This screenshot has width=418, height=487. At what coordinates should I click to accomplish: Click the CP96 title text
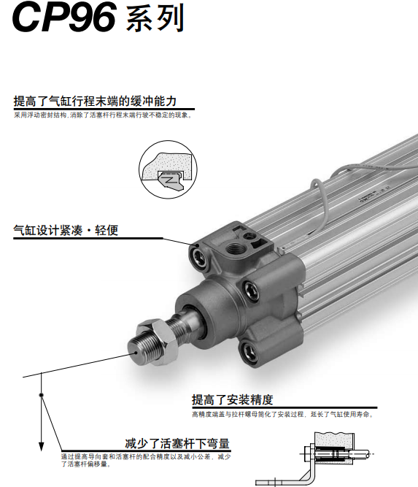(x=64, y=17)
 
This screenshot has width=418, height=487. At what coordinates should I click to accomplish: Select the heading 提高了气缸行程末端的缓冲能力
(x=95, y=101)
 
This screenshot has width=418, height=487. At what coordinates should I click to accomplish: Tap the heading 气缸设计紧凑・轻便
(x=66, y=231)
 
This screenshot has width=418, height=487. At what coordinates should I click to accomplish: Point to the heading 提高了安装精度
(x=233, y=399)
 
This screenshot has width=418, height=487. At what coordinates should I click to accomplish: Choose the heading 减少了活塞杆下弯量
(x=177, y=443)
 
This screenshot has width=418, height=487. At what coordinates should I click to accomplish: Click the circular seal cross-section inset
(x=168, y=169)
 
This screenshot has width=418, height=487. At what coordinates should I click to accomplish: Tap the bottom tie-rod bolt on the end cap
(x=249, y=353)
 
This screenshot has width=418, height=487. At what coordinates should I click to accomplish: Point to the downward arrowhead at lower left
(x=41, y=447)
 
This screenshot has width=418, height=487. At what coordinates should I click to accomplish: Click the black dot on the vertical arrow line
(x=41, y=395)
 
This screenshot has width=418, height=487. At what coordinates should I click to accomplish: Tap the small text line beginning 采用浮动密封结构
(x=103, y=115)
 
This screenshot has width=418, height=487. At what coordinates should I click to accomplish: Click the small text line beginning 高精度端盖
(x=283, y=414)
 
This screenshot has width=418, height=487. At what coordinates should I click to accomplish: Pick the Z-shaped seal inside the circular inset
(x=169, y=180)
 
